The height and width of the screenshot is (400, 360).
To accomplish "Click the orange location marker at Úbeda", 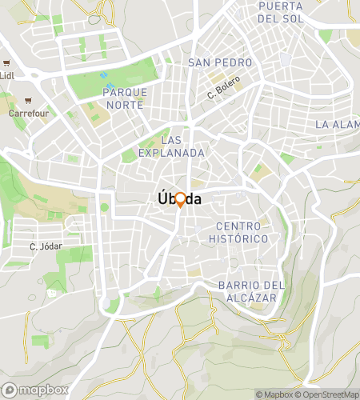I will (x=180, y=200).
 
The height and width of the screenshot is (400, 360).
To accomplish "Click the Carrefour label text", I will (x=29, y=114).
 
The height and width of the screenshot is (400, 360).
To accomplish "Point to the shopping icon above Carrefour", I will (x=29, y=101).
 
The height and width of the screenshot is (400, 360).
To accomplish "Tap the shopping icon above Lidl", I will (x=6, y=62).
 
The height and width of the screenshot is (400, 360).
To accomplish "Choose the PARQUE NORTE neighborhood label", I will (x=125, y=98).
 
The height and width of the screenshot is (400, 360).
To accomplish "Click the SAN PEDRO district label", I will (x=220, y=62).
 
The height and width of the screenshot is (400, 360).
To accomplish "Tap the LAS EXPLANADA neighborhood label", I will (x=171, y=146).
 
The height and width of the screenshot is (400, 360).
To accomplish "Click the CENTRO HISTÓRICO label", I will (x=238, y=232).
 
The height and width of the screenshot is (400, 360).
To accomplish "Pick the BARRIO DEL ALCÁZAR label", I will (x=251, y=291).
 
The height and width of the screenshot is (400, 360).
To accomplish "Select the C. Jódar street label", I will (x=45, y=246).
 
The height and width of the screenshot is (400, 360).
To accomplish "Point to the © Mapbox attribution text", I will (x=274, y=394).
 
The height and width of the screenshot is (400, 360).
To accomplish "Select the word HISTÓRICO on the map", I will (x=238, y=238).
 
